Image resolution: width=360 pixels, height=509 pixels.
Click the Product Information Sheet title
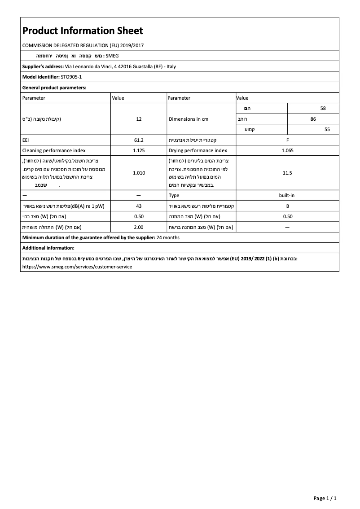pos(83,31)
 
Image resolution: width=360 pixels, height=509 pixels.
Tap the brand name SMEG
pos(112,56)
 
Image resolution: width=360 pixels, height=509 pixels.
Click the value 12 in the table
pos(139,119)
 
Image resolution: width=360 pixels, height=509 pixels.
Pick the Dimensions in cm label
pos(189,119)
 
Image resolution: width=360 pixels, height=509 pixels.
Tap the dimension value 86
pos(313,119)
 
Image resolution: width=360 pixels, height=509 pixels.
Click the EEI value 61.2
pos(139,140)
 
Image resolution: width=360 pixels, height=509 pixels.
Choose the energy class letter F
pos(287,140)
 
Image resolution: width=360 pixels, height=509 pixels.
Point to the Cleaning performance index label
pos(54,151)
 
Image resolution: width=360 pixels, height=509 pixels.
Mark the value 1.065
pos(287,151)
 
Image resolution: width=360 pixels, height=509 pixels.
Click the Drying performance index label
pos(198,151)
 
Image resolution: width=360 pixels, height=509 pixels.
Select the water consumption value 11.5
pos(287,173)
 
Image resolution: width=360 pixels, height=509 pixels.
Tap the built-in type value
pos(287,195)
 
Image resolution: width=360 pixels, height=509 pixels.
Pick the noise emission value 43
pos(139,206)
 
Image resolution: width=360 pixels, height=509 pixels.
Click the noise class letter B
pos(287,206)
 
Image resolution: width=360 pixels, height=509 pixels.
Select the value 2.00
pos(139,227)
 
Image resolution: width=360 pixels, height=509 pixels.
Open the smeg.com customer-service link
pos(77,267)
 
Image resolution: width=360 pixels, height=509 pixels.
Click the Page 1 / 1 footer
pos(325,498)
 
